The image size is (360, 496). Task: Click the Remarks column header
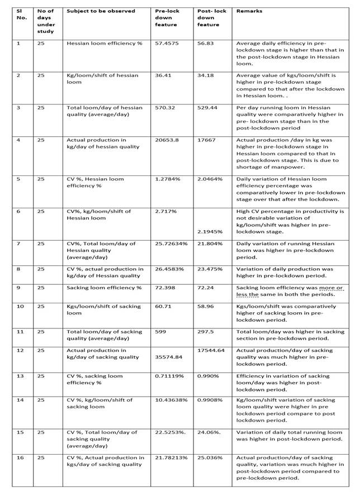click(x=249, y=11)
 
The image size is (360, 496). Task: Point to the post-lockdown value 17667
click(x=206, y=140)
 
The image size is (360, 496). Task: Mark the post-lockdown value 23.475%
click(x=210, y=269)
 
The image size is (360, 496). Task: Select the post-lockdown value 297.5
click(x=205, y=331)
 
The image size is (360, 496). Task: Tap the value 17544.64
click(x=211, y=351)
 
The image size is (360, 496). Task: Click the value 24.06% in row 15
click(x=209, y=432)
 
